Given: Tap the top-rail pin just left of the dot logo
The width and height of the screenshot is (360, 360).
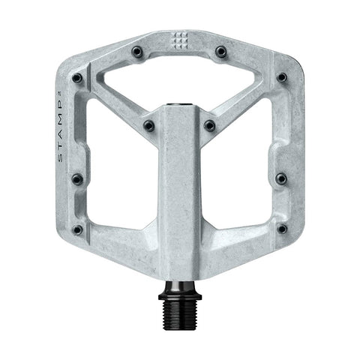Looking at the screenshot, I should pyautogui.click(x=138, y=52).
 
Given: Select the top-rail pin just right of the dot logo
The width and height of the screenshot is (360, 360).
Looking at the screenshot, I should pyautogui.click(x=220, y=52).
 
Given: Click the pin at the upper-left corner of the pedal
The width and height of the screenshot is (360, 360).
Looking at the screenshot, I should pyautogui.click(x=77, y=77).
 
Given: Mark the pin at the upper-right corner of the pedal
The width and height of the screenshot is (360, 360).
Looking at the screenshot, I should pyautogui.click(x=281, y=77).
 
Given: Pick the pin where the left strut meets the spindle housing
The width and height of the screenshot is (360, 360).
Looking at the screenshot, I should pyautogui.click(x=148, y=125).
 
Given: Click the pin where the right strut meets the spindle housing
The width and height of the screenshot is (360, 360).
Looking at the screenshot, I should pyautogui.click(x=210, y=125).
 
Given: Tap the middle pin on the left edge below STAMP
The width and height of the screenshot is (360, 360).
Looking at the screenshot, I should pyautogui.click(x=76, y=178).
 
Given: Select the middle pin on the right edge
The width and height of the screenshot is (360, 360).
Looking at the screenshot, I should pyautogui.click(x=281, y=178).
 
